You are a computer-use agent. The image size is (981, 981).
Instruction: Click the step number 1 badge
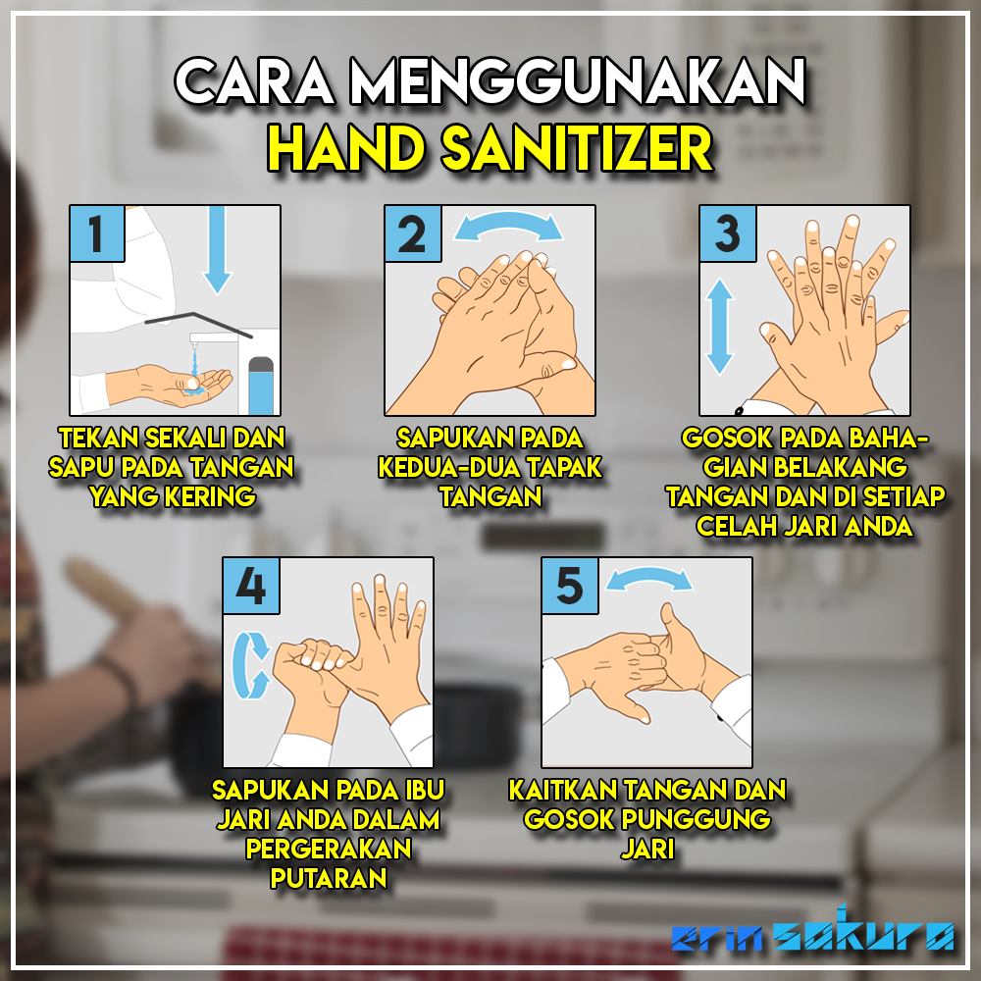97,233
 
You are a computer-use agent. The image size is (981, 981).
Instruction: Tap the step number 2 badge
413,233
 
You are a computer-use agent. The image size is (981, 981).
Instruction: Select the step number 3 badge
728,233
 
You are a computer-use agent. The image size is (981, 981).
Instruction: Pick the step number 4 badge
251,586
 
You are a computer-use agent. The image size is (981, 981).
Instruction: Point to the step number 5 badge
570,586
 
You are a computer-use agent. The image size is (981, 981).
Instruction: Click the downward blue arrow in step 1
217,249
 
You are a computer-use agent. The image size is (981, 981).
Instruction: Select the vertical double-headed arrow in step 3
719,326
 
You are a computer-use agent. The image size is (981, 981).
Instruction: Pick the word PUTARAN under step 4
329,878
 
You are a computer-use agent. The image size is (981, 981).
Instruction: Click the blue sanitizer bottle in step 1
261,386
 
